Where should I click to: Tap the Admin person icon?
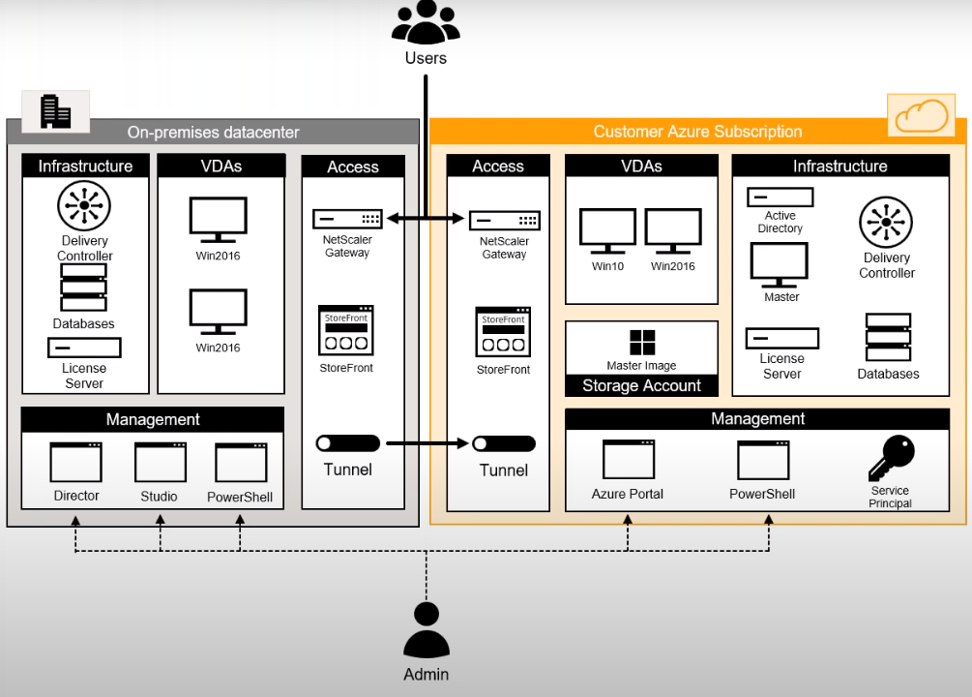[426, 631]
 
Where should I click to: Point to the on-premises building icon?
[55, 111]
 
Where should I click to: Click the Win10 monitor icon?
[607, 233]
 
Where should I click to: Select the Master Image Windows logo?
[642, 343]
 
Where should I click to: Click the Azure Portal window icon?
[628, 460]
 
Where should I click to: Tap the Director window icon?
[76, 463]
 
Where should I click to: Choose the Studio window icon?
[160, 463]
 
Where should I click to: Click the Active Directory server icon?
[780, 197]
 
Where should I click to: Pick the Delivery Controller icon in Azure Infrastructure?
[886, 223]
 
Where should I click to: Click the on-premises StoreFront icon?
[346, 331]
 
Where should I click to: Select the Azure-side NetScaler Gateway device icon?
[504, 221]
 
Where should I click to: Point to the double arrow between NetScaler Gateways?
[427, 220]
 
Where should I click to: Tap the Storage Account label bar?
[641, 385]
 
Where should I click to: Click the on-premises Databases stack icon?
[84, 288]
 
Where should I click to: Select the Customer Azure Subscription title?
[697, 132]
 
